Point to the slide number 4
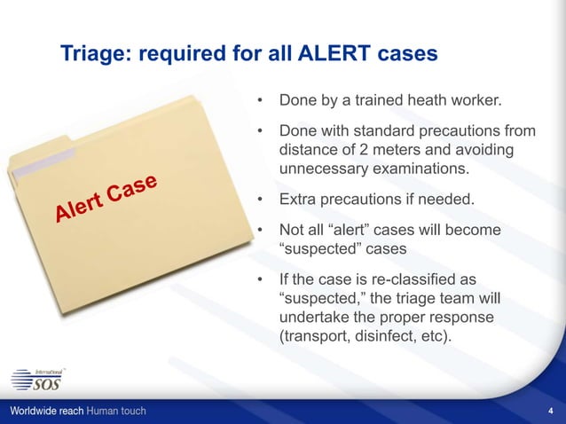coord(551,412)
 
